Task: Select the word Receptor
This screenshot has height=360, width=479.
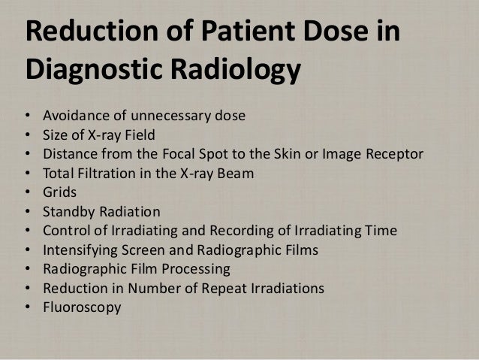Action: [x=393, y=155]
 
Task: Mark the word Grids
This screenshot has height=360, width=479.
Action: [x=60, y=193]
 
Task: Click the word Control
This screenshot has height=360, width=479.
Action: [x=66, y=231]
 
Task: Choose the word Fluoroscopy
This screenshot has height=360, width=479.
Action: [x=81, y=307]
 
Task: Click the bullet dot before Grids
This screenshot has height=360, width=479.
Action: [x=28, y=193]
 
